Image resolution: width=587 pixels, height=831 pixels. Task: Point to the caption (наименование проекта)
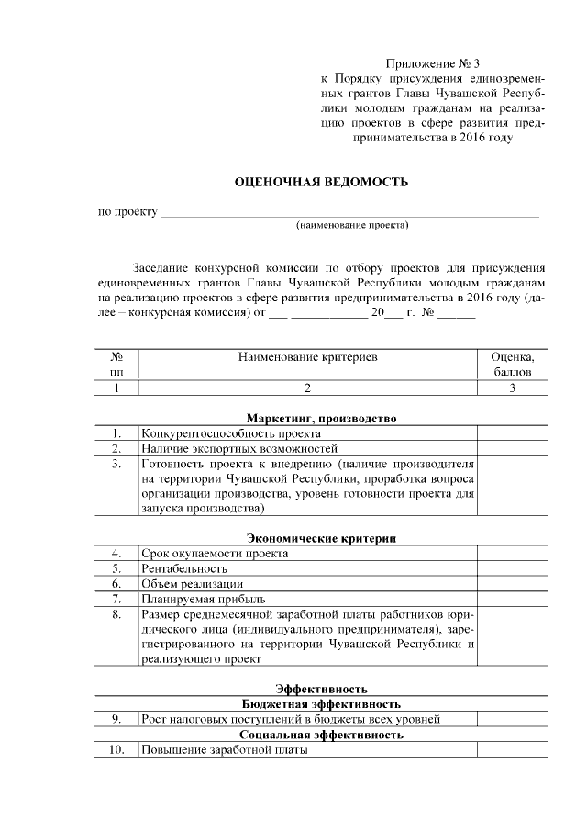click(x=351, y=225)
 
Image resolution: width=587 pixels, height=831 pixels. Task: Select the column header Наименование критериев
click(x=307, y=355)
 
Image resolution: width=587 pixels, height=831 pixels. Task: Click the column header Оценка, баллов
click(x=512, y=364)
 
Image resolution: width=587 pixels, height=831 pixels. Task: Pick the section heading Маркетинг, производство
click(x=321, y=418)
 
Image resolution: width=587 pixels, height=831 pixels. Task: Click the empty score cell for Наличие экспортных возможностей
click(x=512, y=448)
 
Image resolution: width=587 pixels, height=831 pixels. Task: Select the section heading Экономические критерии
click(x=321, y=537)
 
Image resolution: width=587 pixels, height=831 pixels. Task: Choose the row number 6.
click(x=116, y=584)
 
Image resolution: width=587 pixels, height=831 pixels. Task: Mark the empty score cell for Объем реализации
click(x=512, y=584)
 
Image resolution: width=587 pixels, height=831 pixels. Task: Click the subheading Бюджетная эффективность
click(x=321, y=703)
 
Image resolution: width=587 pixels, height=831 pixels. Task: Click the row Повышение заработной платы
click(x=224, y=750)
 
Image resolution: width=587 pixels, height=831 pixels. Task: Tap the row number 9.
click(x=116, y=719)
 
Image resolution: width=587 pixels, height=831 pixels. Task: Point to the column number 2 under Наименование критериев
click(x=307, y=387)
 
